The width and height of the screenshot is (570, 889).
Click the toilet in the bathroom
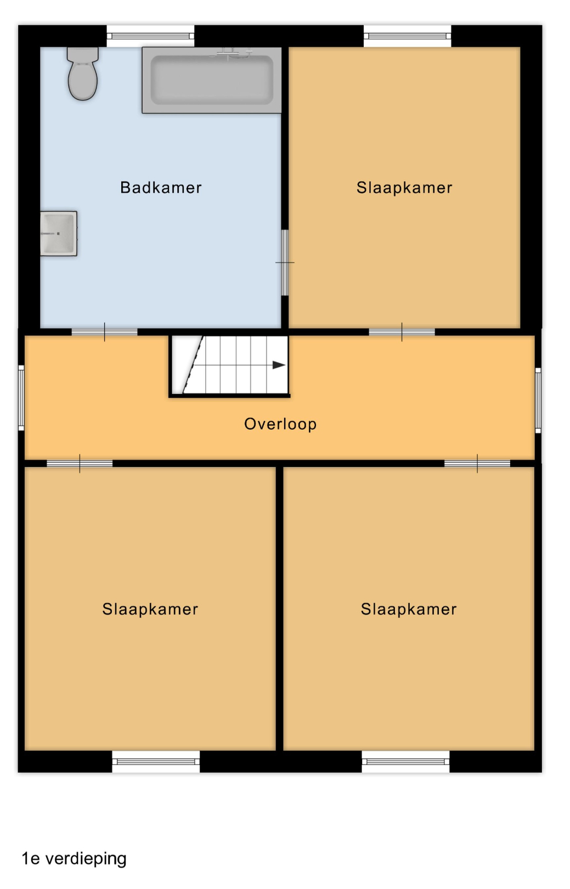pos(82,74)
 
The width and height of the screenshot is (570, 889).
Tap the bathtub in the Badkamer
pos(212,80)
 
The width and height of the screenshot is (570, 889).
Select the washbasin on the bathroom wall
pos(59,233)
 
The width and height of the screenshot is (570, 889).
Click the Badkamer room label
pos(161,187)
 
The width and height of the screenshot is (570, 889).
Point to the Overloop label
pos(280,424)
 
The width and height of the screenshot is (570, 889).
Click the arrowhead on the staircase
pos(279,365)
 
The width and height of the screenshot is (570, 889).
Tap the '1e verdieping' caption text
pos(74,858)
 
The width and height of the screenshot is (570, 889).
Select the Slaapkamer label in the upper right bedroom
pos(404,187)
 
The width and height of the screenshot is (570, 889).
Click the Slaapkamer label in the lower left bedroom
pos(150,609)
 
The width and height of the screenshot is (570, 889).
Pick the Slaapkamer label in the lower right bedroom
pos(409,609)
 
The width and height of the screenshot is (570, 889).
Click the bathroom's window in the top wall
pos(150,36)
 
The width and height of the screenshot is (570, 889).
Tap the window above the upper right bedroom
pos(408,36)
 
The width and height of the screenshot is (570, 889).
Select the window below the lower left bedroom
pos(156,761)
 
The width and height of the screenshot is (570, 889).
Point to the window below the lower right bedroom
pos(406,761)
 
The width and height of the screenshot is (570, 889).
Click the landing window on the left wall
pos(21,398)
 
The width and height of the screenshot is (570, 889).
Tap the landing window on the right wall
pos(538,400)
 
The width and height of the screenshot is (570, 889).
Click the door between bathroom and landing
pos(104,332)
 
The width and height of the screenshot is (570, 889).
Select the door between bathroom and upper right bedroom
pos(285,263)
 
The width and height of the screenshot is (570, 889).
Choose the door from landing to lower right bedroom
pos(477,464)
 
